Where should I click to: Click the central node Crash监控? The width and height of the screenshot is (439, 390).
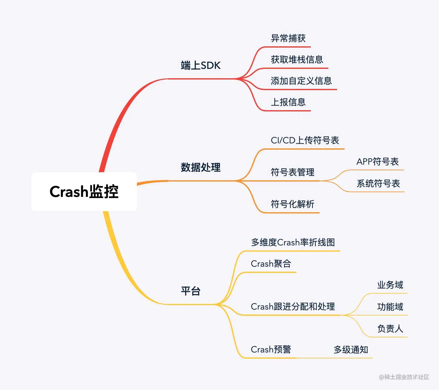click(84, 192)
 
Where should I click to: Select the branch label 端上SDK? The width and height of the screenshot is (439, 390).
click(201, 65)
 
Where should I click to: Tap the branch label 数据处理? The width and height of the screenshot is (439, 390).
click(201, 167)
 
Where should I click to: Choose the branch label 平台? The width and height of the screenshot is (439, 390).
click(191, 291)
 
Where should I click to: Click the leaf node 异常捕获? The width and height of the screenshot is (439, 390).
click(288, 38)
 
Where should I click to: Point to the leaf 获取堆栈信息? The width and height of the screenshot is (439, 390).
click(297, 59)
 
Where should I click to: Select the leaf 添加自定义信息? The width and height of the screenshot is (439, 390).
click(301, 81)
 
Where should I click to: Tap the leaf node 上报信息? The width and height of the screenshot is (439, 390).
click(288, 102)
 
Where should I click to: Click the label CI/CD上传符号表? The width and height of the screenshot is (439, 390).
click(305, 140)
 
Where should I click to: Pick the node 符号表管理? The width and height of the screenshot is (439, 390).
click(292, 172)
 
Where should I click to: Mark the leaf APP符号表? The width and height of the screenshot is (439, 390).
click(377, 162)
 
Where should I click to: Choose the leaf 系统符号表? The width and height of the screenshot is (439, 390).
click(378, 183)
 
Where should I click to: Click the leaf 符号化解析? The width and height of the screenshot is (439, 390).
click(292, 204)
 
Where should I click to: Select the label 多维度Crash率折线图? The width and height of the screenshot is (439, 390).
click(293, 242)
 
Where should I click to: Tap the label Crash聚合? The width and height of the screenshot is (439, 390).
click(271, 264)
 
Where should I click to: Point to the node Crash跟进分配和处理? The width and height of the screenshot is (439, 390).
click(293, 306)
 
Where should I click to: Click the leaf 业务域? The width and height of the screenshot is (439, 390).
click(390, 285)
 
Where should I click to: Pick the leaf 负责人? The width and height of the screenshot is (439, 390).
click(390, 329)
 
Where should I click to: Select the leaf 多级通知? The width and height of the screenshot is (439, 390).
click(351, 350)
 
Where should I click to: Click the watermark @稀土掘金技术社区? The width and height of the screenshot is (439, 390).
click(404, 377)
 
